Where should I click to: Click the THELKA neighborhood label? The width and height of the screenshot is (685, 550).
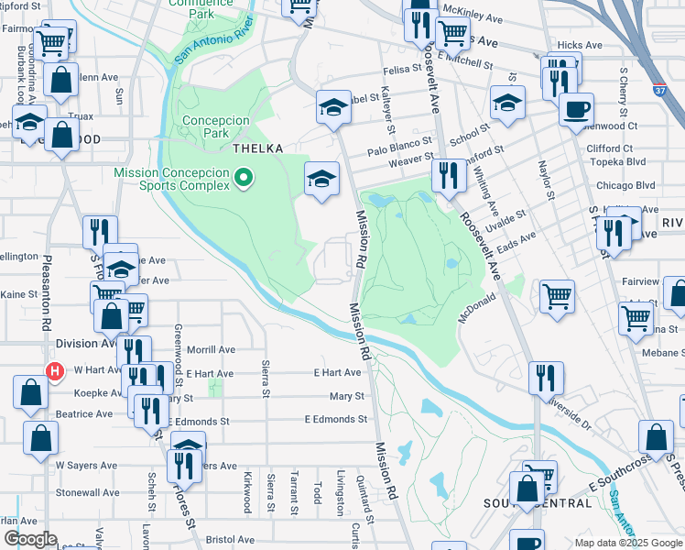[257, 148]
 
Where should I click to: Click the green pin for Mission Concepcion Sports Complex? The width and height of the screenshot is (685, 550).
[244, 177]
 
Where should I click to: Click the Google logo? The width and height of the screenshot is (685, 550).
[30, 539]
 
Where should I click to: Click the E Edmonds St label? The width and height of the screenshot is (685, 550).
[335, 419]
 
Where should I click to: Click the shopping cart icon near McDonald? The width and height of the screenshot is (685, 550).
[557, 297]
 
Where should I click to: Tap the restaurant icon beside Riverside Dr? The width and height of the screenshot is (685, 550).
[546, 377]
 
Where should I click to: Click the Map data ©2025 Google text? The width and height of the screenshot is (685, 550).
[627, 542]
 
